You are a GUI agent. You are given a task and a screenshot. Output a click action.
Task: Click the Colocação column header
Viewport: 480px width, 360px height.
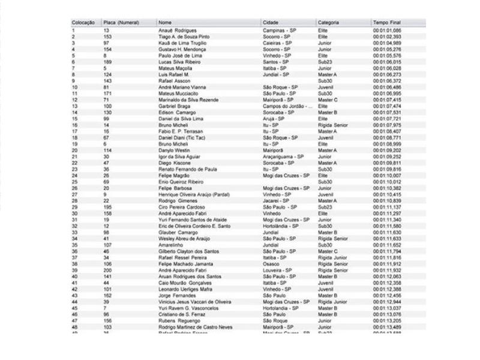tap(83, 22)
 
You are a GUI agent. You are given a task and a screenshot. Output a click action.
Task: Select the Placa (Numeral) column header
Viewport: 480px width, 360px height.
tap(121, 22)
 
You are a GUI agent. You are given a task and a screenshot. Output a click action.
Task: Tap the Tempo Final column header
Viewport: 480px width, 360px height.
tap(386, 22)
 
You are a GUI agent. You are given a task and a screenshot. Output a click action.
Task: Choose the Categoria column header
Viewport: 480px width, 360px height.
tap(329, 22)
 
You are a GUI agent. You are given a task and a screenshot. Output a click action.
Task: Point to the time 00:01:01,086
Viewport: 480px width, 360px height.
tap(387, 30)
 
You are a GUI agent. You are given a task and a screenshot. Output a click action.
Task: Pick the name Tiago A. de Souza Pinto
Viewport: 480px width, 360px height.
tap(184, 37)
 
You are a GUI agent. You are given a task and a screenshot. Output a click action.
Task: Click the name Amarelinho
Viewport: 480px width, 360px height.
tap(172, 245)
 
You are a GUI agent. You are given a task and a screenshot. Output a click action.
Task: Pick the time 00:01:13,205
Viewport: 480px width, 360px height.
tap(387, 320)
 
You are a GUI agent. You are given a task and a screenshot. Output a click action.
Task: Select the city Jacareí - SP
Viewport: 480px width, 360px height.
tap(277, 200)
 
